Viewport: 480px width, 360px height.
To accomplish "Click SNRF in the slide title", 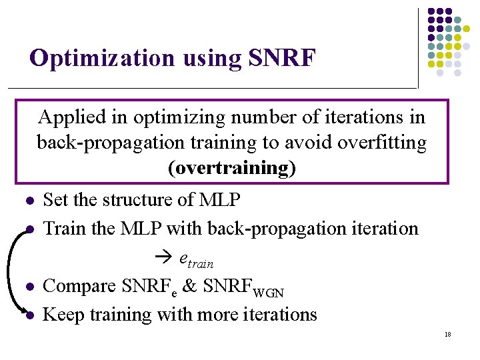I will (x=281, y=59).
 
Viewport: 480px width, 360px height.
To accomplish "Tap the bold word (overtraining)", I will (x=232, y=168).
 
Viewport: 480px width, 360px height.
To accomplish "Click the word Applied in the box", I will (x=72, y=117).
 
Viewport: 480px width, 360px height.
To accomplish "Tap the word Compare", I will (x=79, y=286).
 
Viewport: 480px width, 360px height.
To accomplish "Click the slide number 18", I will (x=447, y=335).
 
